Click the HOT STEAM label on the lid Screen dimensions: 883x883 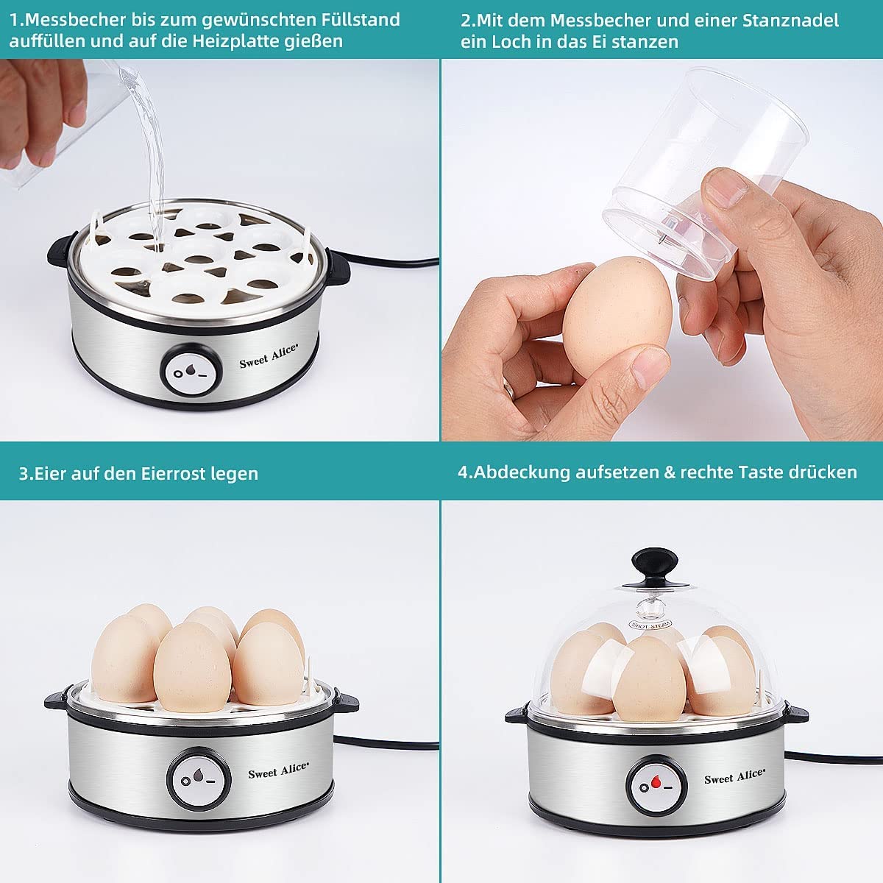pyautogui.click(x=651, y=623)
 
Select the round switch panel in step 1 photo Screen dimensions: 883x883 pyautogui.click(x=190, y=371)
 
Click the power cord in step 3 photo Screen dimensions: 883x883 pyautogui.click(x=386, y=745)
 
